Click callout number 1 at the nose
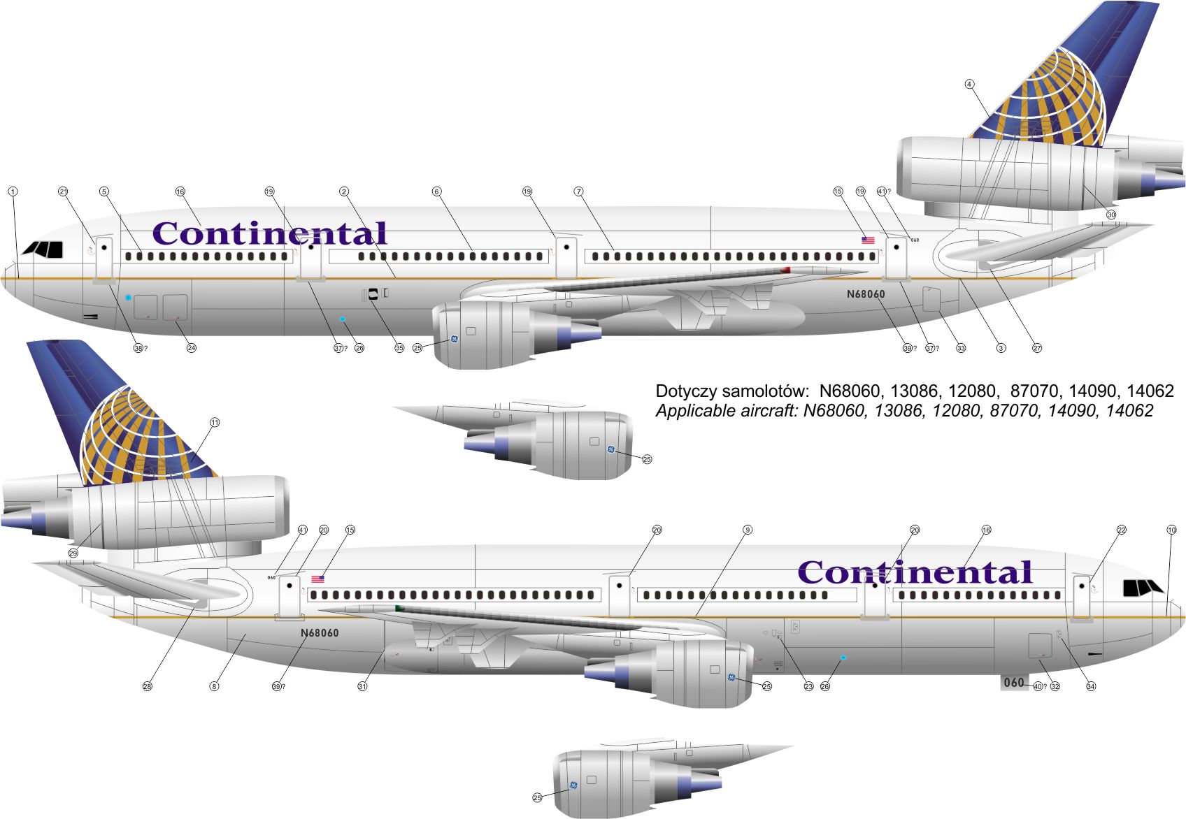13,191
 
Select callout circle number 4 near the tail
969,84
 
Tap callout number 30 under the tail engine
1110,215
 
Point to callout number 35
399,348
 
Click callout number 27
1037,348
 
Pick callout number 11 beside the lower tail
215,423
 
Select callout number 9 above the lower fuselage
747,530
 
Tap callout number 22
1121,530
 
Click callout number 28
147,686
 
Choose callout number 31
362,686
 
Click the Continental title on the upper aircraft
269,234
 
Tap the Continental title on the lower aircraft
915,573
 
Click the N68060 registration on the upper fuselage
866,294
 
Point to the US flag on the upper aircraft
868,240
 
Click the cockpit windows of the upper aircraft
43,249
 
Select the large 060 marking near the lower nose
1014,683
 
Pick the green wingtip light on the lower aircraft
399,609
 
